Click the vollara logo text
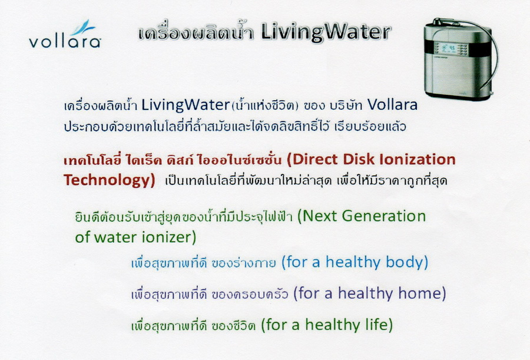click(65, 41)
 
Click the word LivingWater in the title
click(326, 33)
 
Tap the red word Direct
click(312, 159)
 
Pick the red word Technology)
click(109, 180)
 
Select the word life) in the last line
click(379, 325)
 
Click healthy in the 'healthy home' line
click(366, 293)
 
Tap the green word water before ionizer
click(115, 237)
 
